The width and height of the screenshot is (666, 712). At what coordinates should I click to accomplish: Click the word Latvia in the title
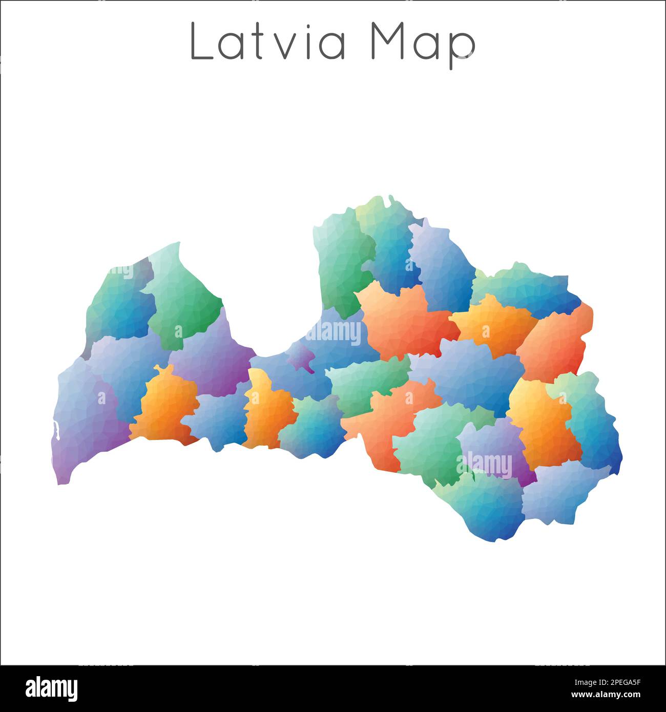coord(268,43)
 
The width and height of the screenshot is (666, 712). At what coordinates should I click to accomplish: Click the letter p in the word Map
coord(464,49)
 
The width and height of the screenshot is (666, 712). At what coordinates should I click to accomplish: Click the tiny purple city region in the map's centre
coord(301,358)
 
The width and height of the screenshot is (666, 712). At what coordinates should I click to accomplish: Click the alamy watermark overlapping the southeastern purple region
coord(487,465)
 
